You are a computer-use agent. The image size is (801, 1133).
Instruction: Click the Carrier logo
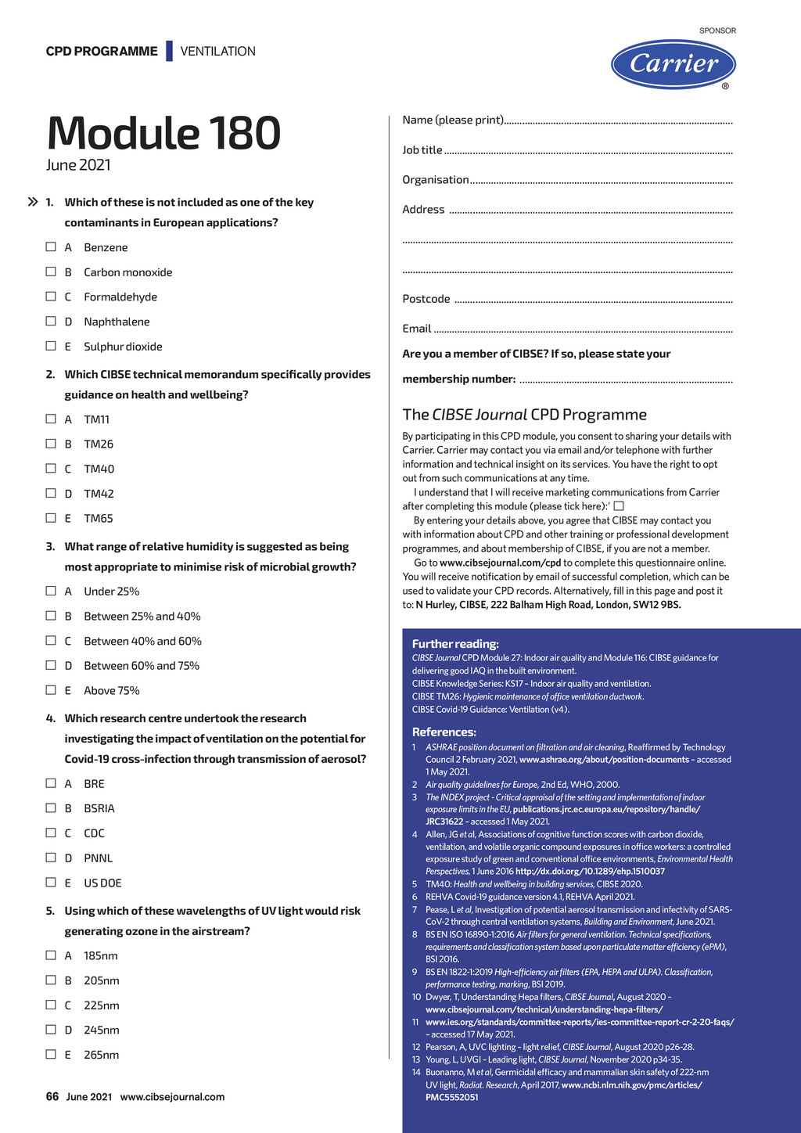pyautogui.click(x=673, y=64)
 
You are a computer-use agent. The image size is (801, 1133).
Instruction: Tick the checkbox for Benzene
pyautogui.click(x=51, y=247)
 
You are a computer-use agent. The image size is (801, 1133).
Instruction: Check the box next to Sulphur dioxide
pyautogui.click(x=51, y=346)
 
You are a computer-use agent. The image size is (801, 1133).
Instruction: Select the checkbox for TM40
pyautogui.click(x=51, y=469)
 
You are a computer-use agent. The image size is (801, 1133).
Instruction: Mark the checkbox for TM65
pyautogui.click(x=51, y=518)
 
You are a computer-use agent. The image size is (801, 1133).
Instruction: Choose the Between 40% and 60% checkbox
pyautogui.click(x=51, y=641)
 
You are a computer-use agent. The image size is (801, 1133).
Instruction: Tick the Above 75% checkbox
pyautogui.click(x=51, y=690)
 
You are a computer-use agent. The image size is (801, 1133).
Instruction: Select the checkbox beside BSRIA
pyautogui.click(x=51, y=808)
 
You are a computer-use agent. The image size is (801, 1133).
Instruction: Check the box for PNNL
pyautogui.click(x=51, y=858)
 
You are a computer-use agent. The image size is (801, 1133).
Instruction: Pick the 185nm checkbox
pyautogui.click(x=51, y=955)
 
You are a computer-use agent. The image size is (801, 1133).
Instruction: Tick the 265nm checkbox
pyautogui.click(x=51, y=1054)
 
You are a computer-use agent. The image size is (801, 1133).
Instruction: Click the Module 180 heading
pyautogui.click(x=163, y=133)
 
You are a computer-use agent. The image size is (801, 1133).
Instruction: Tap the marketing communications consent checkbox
pyautogui.click(x=619, y=506)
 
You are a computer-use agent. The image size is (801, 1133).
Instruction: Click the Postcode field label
pyautogui.click(x=426, y=299)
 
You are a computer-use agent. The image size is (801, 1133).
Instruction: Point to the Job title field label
pyautogui.click(x=422, y=150)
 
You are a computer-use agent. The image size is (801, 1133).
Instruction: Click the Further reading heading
pyautogui.click(x=455, y=644)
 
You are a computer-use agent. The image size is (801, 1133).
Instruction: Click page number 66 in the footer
pyautogui.click(x=52, y=1097)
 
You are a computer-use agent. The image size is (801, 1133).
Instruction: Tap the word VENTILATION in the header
pyautogui.click(x=218, y=52)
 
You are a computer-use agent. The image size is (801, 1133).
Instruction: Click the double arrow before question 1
pyautogui.click(x=33, y=203)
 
